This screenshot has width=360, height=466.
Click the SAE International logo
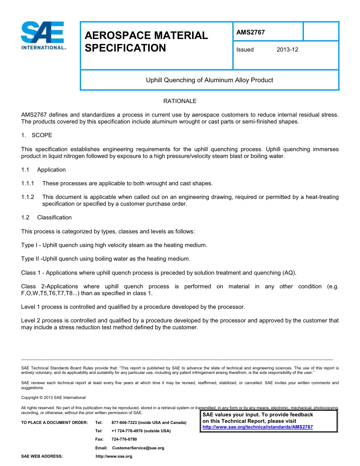[42, 36]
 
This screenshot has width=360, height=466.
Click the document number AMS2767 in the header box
[250, 33]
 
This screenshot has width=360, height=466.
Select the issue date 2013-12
[287, 50]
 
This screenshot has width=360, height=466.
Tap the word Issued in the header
[245, 50]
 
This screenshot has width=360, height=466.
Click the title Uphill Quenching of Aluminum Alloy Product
[210, 80]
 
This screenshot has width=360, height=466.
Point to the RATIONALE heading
[180, 101]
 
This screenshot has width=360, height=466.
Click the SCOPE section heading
[42, 135]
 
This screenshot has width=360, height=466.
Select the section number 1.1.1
[28, 183]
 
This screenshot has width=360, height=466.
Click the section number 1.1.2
[28, 197]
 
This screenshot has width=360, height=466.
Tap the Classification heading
[54, 217]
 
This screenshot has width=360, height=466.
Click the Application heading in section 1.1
[51, 170]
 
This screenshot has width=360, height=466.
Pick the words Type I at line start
[29, 245]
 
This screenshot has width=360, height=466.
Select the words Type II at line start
[30, 259]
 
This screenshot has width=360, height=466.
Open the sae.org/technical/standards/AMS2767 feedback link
[258, 427]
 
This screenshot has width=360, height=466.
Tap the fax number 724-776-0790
[124, 439]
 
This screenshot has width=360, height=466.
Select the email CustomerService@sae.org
[138, 448]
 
